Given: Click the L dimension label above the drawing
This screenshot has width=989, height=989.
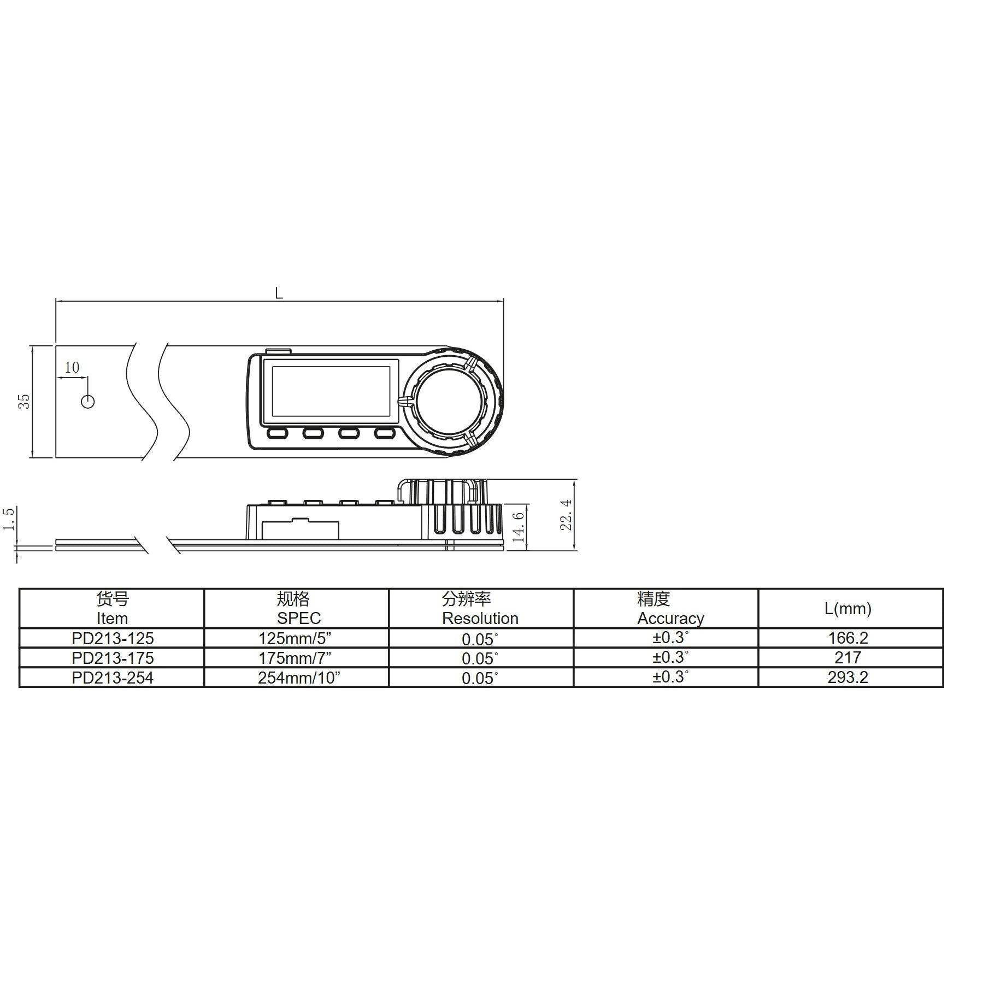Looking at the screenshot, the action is (x=279, y=293).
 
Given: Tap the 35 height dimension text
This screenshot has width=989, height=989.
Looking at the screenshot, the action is (x=25, y=402).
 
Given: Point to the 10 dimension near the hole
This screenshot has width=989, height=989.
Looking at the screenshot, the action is (x=72, y=368).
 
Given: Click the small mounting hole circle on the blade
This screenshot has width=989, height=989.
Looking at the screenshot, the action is (x=87, y=402).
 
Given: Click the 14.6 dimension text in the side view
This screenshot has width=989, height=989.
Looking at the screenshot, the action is (x=520, y=526).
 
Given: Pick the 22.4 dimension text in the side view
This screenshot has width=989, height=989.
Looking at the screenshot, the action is (x=567, y=515).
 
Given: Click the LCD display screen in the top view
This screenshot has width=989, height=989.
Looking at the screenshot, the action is (x=331, y=392).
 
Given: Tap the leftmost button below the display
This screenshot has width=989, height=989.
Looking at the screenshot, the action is (x=278, y=433).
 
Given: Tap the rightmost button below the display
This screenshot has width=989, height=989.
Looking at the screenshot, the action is (x=384, y=433).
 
